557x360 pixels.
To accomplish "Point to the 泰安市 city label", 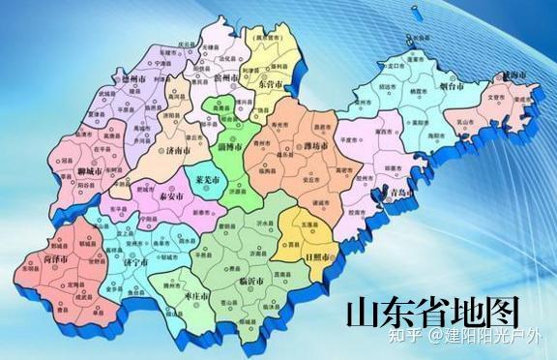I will point(170,195).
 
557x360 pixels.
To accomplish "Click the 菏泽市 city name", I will point(59,258).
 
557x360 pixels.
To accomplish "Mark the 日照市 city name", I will point(318,258).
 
